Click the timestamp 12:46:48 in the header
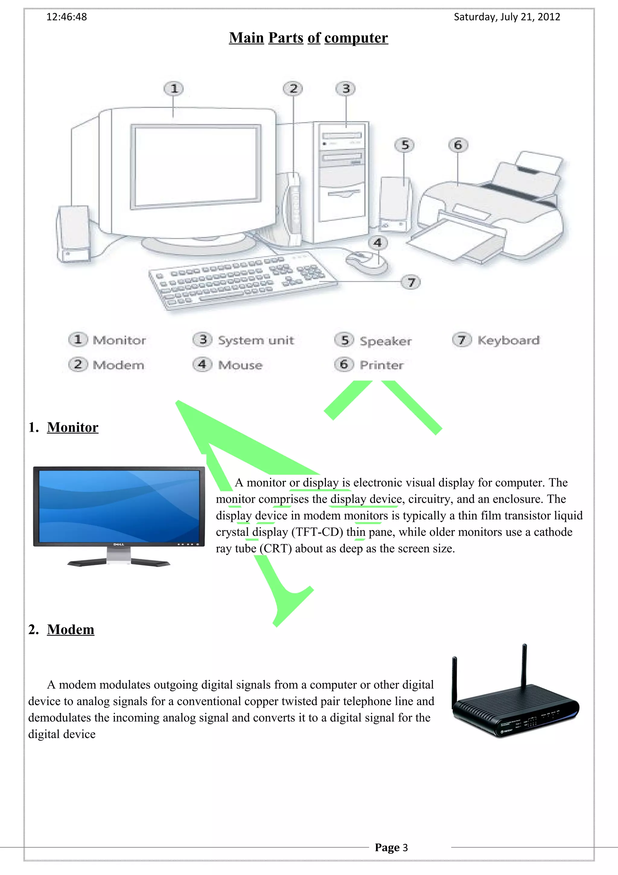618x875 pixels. (66, 17)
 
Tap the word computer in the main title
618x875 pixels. (356, 38)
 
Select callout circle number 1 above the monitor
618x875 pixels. (174, 89)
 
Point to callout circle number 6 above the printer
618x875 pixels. (458, 145)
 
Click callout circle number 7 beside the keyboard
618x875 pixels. (411, 282)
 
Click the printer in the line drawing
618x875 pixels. (491, 213)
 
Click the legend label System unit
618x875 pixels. (256, 340)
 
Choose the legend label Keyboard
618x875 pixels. (508, 340)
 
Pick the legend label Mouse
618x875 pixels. (240, 365)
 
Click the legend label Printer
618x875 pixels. (381, 365)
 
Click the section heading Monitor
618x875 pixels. (72, 428)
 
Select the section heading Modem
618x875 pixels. (70, 630)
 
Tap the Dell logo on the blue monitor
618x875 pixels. (118, 544)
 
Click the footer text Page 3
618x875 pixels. (391, 848)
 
